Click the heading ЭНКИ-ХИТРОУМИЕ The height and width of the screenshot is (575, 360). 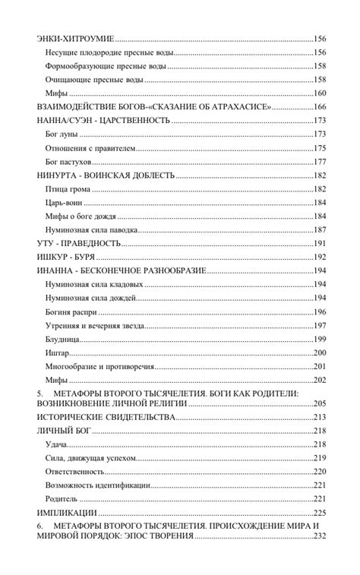pyautogui.click(x=75, y=38)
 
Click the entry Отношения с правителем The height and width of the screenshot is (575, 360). pyautogui.click(x=90, y=148)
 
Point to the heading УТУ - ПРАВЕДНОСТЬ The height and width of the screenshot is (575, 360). pyautogui.click(x=79, y=244)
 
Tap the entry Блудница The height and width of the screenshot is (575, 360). pyautogui.click(x=63, y=339)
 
